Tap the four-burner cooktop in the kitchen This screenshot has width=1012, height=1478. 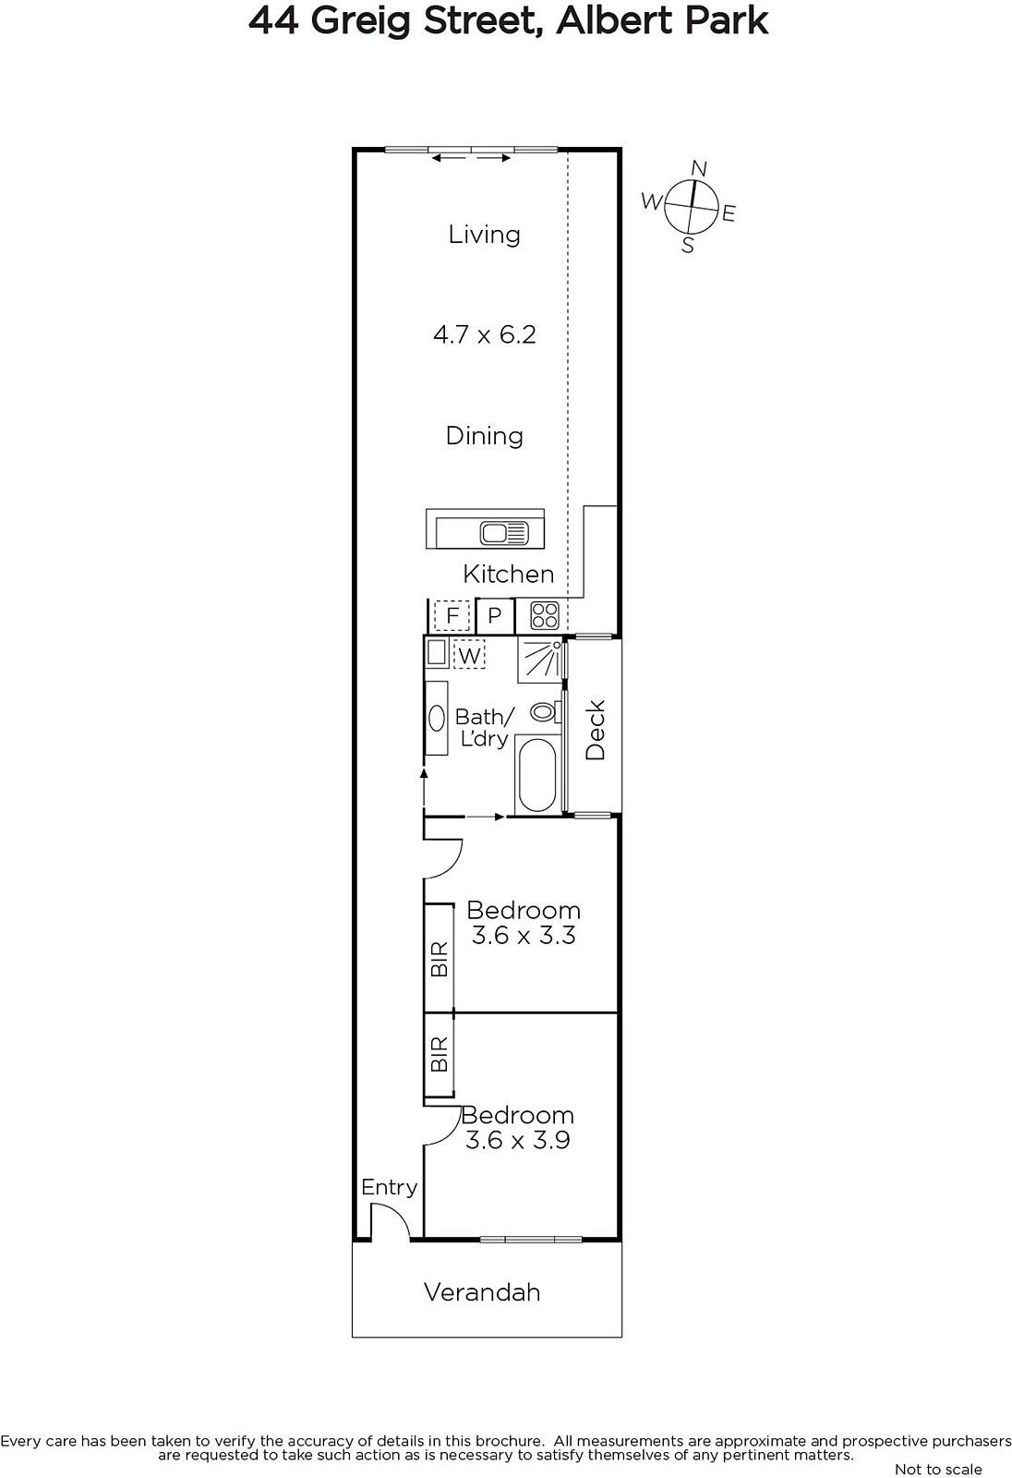click(x=545, y=615)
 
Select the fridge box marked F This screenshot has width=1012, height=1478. click(x=452, y=615)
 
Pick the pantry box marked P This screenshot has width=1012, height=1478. click(x=495, y=615)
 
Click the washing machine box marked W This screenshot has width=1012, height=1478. click(x=469, y=655)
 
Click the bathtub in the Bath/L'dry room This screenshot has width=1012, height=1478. click(x=537, y=775)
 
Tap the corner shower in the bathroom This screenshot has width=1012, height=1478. click(x=541, y=660)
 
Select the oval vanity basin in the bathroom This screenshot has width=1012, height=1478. click(x=437, y=718)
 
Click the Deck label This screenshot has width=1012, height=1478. click(x=595, y=730)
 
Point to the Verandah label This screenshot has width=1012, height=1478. click(x=482, y=1292)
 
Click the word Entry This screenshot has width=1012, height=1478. click(x=390, y=1188)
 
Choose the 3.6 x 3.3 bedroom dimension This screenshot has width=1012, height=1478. click(x=524, y=935)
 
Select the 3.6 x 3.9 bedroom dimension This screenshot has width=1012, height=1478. click(x=518, y=1140)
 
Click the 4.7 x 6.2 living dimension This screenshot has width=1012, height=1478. click(x=484, y=334)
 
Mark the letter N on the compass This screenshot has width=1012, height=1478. click(x=699, y=169)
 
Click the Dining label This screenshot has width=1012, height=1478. click(x=484, y=435)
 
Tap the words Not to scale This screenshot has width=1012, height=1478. click(x=938, y=1470)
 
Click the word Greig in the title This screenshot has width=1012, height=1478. click(x=362, y=21)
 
